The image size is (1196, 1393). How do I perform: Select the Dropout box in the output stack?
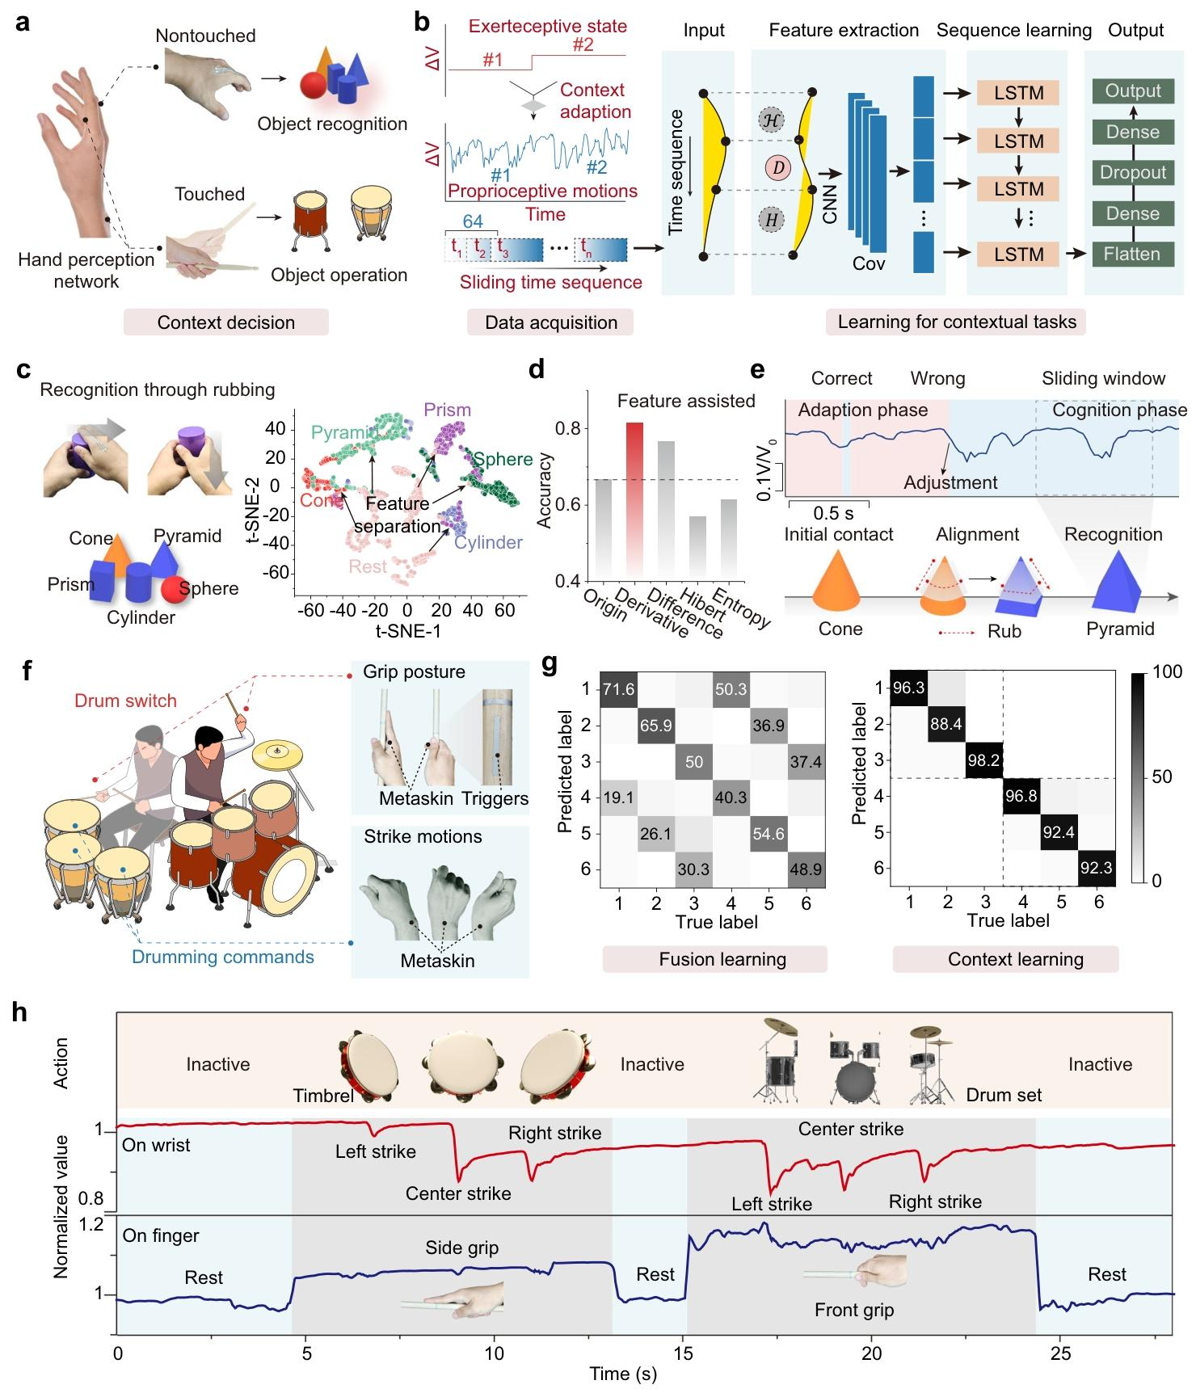point(1132,172)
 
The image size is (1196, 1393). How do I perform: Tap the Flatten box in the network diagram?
point(1132,254)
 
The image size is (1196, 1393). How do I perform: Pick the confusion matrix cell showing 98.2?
point(983,760)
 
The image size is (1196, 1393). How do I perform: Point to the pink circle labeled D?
point(778,169)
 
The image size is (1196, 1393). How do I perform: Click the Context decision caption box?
point(226,322)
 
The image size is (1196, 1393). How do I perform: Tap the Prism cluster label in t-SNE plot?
point(447,410)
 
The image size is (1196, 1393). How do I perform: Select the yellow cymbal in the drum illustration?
point(276,755)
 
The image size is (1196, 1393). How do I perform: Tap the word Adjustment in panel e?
point(950,483)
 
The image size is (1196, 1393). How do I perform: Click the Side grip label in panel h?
point(462,1248)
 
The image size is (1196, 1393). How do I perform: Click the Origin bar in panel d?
point(604,530)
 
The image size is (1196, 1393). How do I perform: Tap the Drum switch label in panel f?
point(125,701)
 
